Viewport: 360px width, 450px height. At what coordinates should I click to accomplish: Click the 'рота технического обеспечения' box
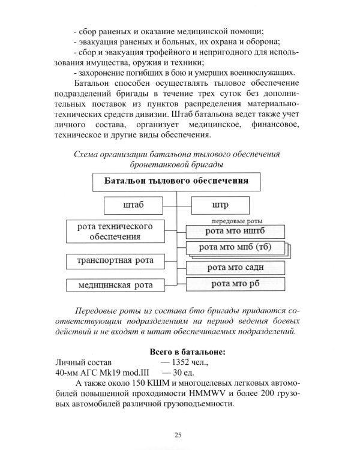(113, 232)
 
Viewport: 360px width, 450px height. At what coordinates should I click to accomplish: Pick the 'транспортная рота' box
(113, 261)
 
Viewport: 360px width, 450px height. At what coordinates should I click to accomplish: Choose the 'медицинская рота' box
(113, 284)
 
